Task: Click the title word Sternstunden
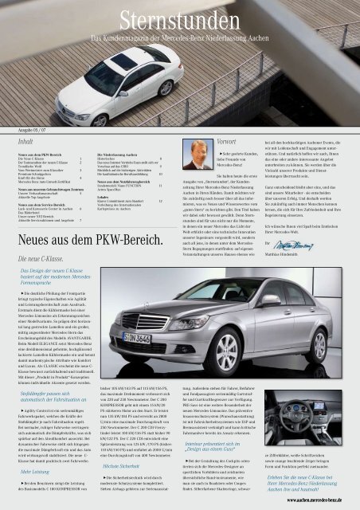point(179,18)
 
